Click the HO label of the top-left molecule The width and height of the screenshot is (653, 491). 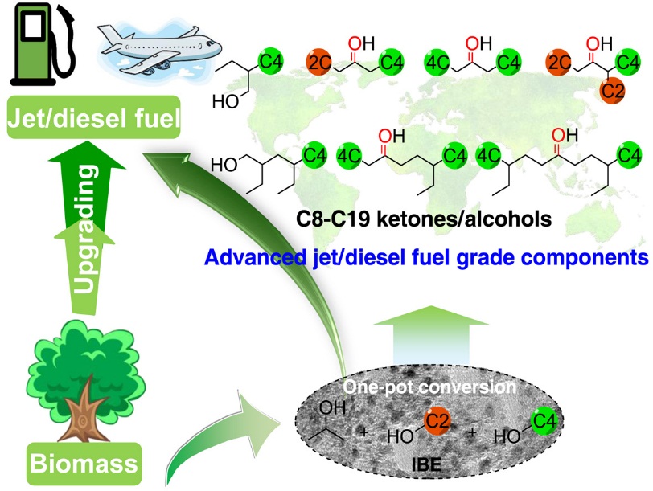[226, 102]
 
